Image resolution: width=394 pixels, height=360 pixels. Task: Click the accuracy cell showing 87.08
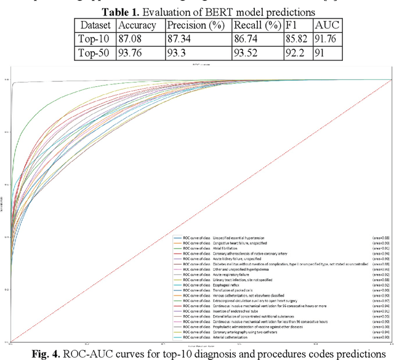tap(131, 39)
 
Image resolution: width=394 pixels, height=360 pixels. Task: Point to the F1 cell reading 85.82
tap(297, 39)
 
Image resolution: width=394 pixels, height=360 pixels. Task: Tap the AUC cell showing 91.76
tap(327, 39)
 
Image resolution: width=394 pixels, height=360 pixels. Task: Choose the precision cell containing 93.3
tap(179, 53)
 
